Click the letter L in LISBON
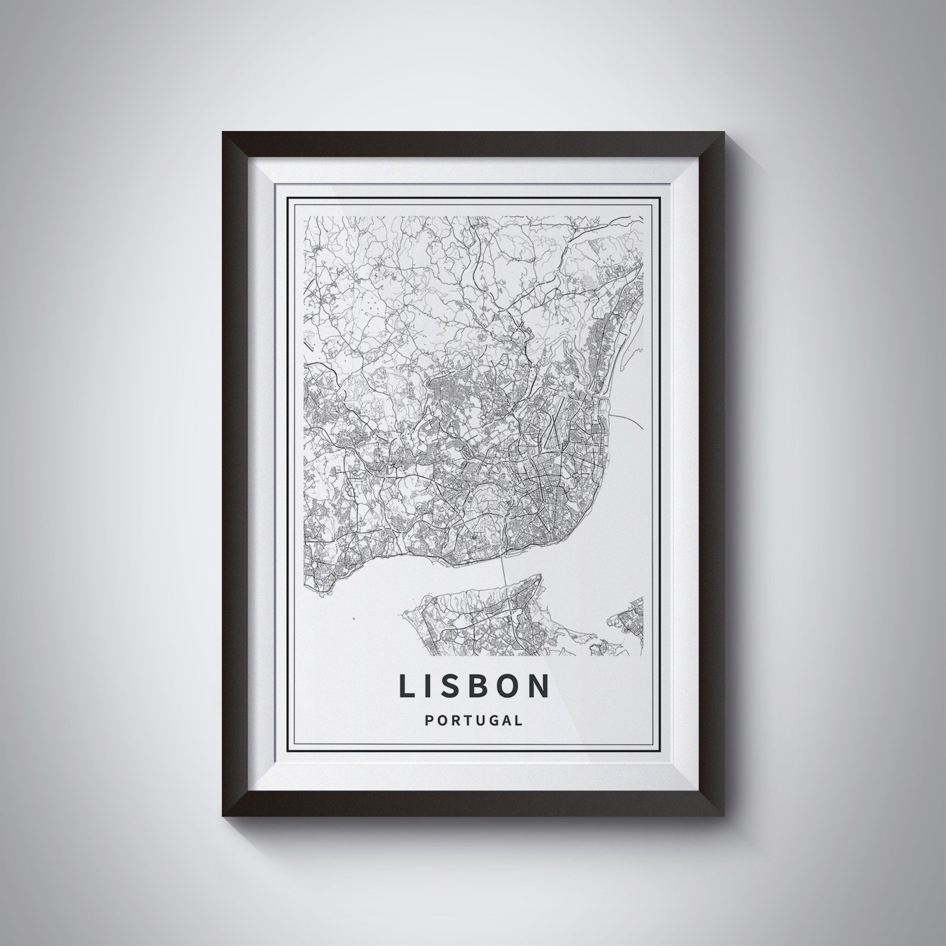407,686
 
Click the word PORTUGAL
474,720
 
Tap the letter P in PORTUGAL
430,720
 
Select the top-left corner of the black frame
223,132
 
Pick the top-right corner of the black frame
723,132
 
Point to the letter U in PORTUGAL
479,720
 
